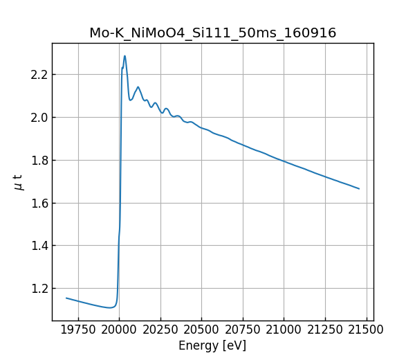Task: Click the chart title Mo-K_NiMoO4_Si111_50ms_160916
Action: [212, 33]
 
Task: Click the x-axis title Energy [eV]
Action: [212, 345]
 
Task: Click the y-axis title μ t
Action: [19, 182]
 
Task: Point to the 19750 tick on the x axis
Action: [77, 329]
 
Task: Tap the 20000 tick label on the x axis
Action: [119, 329]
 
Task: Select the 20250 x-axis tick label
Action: [160, 329]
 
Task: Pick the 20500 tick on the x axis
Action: [201, 329]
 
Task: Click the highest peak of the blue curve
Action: [124, 56]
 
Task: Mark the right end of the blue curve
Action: [359, 188]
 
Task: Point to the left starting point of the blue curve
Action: [66, 298]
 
